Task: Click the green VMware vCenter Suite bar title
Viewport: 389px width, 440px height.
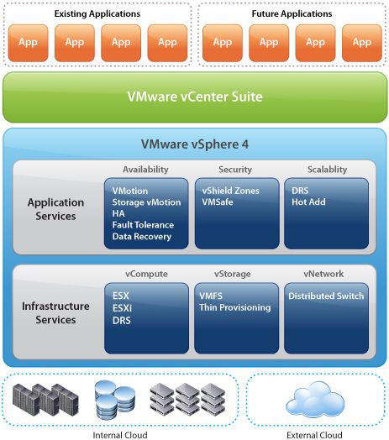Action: [195, 97]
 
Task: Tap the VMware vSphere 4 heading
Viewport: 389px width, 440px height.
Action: [195, 144]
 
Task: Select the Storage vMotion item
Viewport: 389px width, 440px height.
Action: [146, 202]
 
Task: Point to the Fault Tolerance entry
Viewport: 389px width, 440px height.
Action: [143, 225]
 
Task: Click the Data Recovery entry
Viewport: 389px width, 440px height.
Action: [142, 237]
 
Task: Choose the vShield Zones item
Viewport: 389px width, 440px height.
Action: [230, 191]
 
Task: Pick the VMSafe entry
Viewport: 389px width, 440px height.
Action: [218, 202]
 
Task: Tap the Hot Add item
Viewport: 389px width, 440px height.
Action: [308, 202]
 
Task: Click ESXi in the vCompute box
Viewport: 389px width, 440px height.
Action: [122, 308]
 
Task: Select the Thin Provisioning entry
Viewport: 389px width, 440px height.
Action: [235, 307]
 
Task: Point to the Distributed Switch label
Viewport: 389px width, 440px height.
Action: [326, 296]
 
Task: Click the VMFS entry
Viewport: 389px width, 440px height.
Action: [211, 296]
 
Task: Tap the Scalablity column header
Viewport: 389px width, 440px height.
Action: [327, 170]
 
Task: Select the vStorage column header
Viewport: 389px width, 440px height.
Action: [232, 274]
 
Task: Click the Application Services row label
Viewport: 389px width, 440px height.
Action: [55, 209]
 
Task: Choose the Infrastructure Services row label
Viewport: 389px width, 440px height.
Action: [55, 312]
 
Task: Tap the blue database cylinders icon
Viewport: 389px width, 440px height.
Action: [114, 400]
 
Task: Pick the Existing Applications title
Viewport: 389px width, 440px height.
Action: [97, 13]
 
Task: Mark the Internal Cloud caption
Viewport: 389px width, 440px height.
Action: [120, 435]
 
